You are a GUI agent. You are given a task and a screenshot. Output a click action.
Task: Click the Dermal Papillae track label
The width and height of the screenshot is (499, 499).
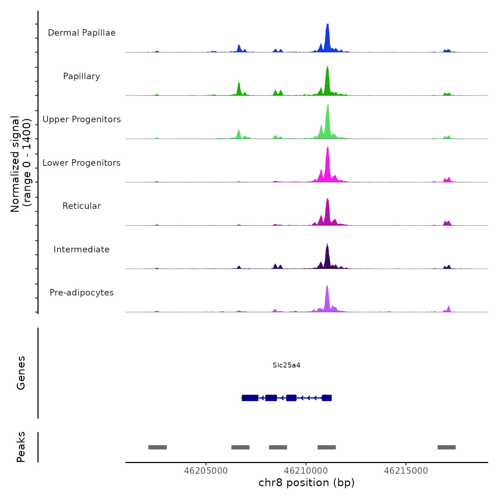pyautogui.click(x=82, y=33)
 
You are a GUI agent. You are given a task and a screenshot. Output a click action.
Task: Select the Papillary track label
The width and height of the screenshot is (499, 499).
pyautogui.click(x=82, y=76)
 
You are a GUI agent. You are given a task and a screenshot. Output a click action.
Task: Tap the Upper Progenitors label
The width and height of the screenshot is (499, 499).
pyautogui.click(x=82, y=119)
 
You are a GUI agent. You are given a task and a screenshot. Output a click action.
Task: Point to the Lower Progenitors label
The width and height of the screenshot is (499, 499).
pyautogui.click(x=82, y=163)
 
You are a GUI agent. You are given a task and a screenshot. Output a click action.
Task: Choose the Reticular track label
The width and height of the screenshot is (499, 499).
pyautogui.click(x=82, y=206)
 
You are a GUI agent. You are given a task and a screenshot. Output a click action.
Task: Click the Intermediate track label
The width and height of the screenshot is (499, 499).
pyautogui.click(x=82, y=249)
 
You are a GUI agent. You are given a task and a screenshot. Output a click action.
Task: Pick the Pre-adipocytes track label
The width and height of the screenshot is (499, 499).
pyautogui.click(x=82, y=293)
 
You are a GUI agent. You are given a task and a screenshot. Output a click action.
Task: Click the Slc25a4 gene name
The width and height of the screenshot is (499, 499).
pyautogui.click(x=287, y=365)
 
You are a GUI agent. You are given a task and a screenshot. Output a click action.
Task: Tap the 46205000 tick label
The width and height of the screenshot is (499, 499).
pyautogui.click(x=206, y=471)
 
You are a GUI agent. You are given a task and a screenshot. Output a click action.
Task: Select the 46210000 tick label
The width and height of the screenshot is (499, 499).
pyautogui.click(x=306, y=471)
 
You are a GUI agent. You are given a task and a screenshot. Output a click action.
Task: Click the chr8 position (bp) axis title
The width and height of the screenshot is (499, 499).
pyautogui.click(x=307, y=483)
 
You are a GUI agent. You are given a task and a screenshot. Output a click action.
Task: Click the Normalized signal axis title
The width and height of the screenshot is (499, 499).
pyautogui.click(x=21, y=164)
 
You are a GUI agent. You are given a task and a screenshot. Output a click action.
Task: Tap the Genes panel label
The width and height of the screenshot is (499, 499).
pyautogui.click(x=21, y=373)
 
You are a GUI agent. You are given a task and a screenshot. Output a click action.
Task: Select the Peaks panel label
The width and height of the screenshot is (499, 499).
pyautogui.click(x=21, y=447)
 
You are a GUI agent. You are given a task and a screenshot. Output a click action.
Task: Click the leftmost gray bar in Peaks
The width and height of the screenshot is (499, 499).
pyautogui.click(x=158, y=447)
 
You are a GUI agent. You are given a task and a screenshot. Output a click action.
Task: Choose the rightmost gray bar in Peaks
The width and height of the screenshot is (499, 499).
pyautogui.click(x=447, y=447)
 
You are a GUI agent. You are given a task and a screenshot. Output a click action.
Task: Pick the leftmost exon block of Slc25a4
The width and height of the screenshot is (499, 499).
pyautogui.click(x=250, y=398)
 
